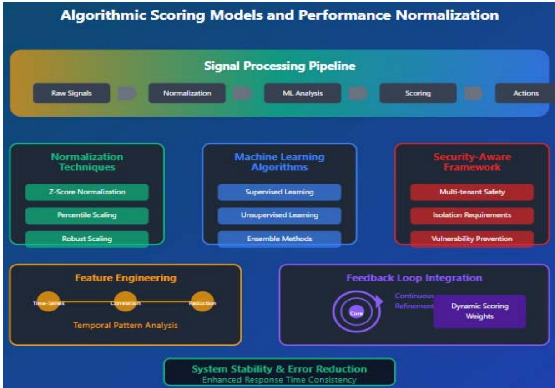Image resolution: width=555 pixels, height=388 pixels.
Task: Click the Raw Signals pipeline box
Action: (71, 93)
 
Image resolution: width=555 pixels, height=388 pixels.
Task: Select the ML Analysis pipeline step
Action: (302, 93)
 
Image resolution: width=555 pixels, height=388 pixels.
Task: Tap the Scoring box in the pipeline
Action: (418, 93)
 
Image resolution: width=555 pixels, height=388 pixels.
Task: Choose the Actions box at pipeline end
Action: (525, 93)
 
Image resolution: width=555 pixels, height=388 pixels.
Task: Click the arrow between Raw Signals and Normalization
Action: (127, 93)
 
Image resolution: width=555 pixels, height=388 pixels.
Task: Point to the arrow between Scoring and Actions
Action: (474, 93)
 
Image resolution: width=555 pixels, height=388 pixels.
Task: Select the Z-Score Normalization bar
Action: (87, 192)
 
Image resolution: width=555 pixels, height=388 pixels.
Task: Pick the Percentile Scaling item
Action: (87, 215)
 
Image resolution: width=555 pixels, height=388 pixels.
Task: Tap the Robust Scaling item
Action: (87, 239)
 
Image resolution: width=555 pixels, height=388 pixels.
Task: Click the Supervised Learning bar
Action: (279, 192)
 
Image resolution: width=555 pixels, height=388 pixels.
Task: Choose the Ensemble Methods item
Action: (279, 239)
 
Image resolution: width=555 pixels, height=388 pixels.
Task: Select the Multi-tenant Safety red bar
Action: (472, 192)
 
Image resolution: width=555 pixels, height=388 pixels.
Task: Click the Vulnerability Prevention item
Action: (472, 239)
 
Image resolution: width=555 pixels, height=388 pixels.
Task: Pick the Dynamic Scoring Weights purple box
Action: (479, 311)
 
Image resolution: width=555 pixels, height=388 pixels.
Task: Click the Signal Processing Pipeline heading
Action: (280, 66)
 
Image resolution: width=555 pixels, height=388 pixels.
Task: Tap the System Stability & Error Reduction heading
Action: (279, 368)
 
